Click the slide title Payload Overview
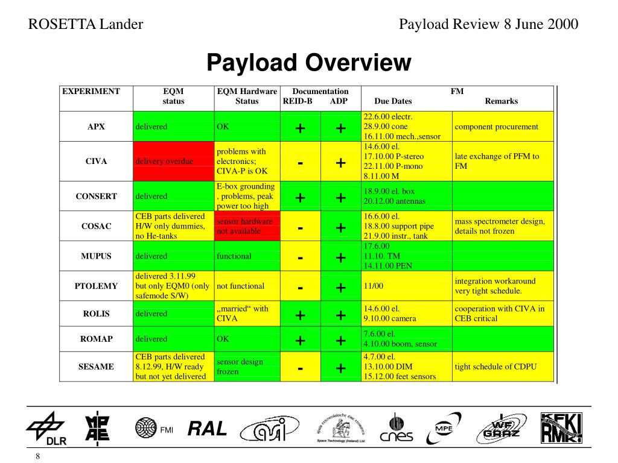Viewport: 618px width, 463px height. (308, 62)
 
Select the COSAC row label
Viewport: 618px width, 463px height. (97, 226)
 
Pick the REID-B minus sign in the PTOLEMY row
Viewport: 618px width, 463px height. (300, 288)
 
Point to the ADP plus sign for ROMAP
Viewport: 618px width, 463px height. (340, 341)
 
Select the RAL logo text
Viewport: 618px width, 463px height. (207, 429)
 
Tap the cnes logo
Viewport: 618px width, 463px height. (396, 430)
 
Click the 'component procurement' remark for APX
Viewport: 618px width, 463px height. (496, 127)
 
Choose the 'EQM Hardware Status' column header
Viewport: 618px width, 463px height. (247, 96)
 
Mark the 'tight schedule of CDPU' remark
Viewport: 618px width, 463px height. (495, 367)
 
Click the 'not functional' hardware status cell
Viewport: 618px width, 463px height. (240, 286)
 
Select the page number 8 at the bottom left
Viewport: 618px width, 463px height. (37, 456)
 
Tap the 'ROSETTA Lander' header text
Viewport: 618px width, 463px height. (86, 24)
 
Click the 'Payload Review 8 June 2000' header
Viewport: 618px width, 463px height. (489, 24)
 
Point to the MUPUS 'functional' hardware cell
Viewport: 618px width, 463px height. (234, 256)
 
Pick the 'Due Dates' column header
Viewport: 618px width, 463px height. (393, 101)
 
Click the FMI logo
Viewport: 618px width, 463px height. (153, 429)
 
